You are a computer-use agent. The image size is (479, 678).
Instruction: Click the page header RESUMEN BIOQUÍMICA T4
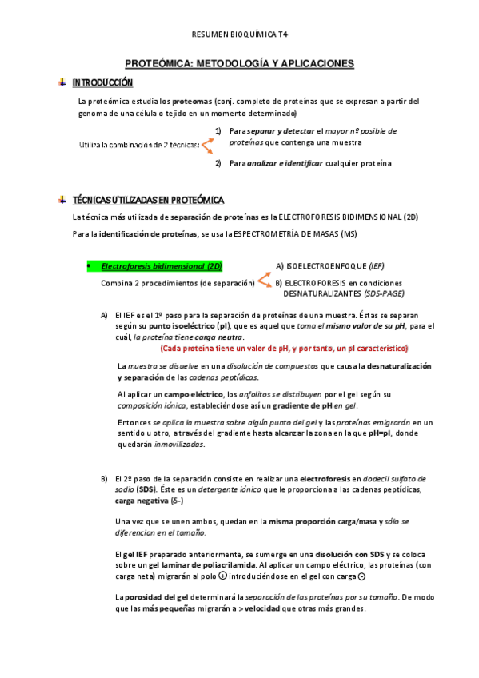click(x=239, y=34)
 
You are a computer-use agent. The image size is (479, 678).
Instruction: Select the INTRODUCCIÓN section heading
click(x=102, y=82)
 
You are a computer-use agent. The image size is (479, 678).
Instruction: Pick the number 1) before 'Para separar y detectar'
click(x=218, y=130)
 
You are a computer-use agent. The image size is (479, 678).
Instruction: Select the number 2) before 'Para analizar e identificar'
click(x=218, y=163)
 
